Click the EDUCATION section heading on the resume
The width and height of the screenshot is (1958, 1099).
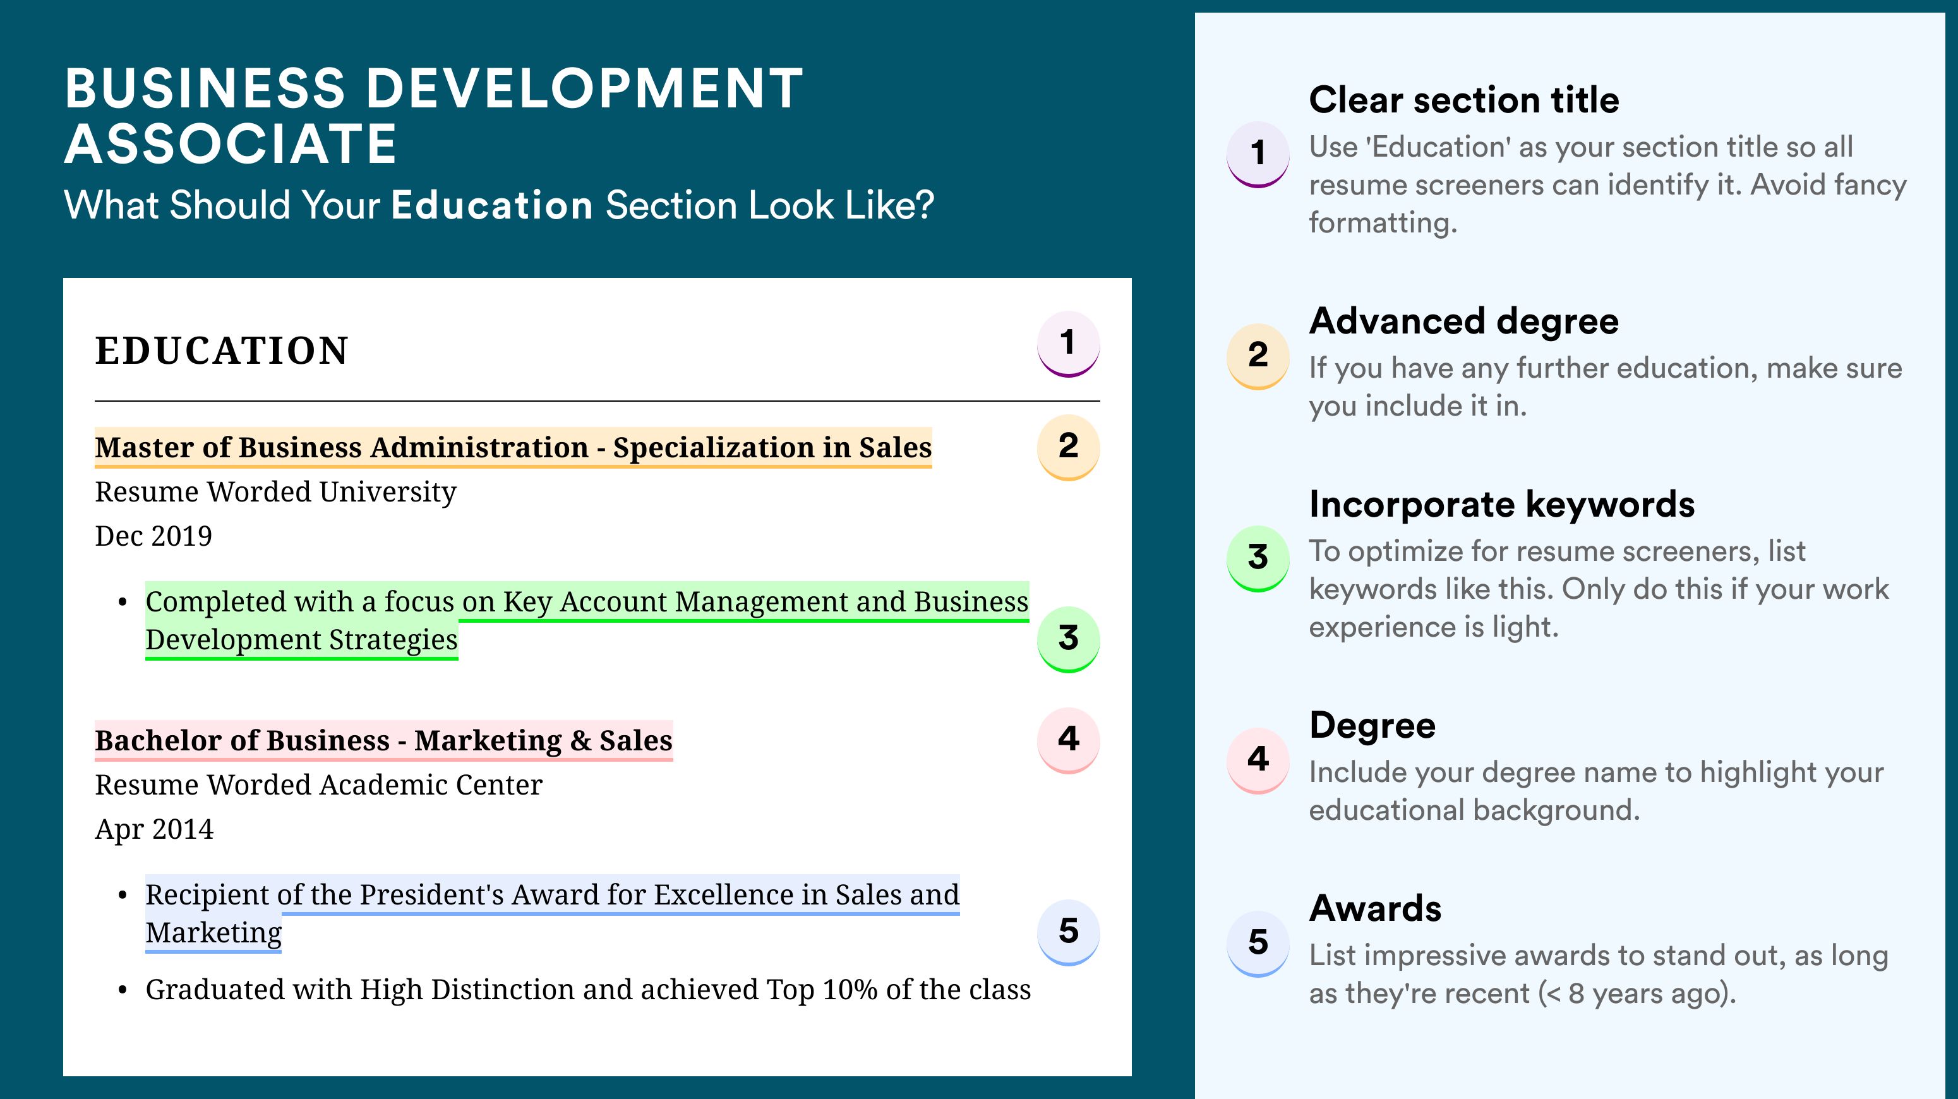point(222,351)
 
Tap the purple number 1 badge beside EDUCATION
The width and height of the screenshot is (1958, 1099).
point(1068,344)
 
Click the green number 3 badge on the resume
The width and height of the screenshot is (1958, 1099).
point(1068,639)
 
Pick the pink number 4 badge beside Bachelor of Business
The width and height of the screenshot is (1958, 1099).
point(1068,740)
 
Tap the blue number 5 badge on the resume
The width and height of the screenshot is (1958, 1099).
point(1068,932)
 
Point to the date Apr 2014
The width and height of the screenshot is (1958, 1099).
point(154,829)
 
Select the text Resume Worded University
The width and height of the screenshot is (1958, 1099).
point(276,493)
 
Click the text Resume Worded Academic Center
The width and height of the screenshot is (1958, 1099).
point(318,785)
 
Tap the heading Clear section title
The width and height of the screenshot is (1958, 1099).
point(1464,100)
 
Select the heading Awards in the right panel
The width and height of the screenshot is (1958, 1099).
point(1375,908)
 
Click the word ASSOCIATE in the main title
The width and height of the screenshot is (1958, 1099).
point(231,143)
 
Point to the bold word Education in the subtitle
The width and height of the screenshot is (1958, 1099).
point(492,205)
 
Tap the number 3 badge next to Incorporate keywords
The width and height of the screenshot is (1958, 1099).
point(1258,558)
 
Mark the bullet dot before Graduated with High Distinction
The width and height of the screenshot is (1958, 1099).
point(123,991)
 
